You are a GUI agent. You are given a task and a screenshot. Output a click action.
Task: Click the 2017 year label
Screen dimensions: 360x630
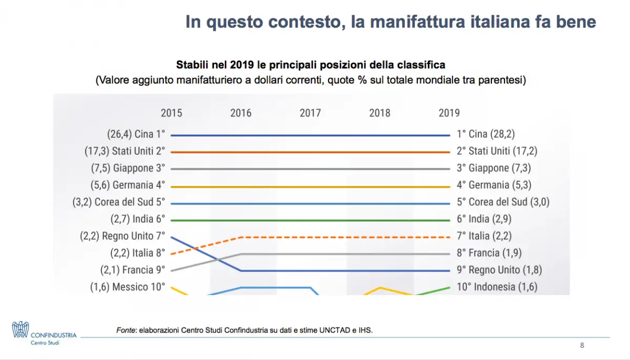(x=310, y=113)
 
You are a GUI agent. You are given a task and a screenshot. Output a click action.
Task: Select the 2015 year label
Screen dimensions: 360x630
(x=172, y=113)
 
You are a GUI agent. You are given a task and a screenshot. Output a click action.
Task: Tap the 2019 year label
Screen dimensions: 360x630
(x=449, y=113)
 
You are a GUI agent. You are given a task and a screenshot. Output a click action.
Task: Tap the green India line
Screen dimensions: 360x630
(x=310, y=220)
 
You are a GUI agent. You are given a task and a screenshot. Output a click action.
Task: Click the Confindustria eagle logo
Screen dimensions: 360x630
(x=20, y=330)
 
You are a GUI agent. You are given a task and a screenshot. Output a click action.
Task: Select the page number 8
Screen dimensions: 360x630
(x=582, y=345)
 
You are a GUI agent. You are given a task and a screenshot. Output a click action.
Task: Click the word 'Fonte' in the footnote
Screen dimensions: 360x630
(x=125, y=330)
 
